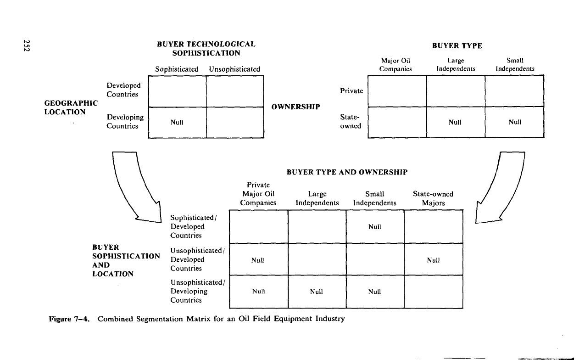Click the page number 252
(x=27, y=45)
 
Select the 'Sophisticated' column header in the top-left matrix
(x=177, y=69)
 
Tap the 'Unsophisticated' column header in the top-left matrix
(x=234, y=69)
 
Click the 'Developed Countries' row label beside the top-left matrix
(x=123, y=90)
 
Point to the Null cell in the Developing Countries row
(x=177, y=122)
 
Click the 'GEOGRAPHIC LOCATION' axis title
(x=71, y=107)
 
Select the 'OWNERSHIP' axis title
(x=296, y=107)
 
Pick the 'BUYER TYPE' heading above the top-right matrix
(x=457, y=46)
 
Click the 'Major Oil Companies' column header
(x=395, y=65)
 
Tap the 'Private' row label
(x=351, y=91)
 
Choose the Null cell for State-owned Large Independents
(x=455, y=122)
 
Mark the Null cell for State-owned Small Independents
(x=515, y=122)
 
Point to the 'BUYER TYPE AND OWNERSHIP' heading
(x=347, y=172)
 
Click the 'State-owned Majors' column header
(x=433, y=198)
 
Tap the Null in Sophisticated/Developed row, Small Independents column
(x=374, y=227)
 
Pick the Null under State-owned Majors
(x=433, y=260)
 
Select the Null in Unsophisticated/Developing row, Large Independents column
(x=317, y=292)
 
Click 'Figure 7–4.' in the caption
(x=69, y=319)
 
